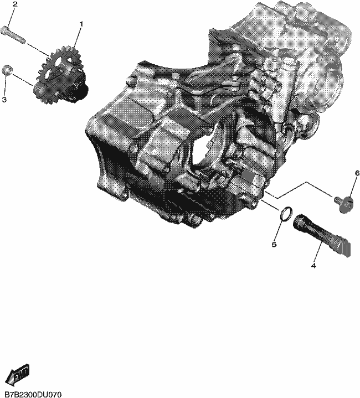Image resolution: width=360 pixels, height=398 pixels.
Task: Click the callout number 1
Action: tap(81, 24)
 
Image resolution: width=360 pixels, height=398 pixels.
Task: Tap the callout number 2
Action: tap(15, 4)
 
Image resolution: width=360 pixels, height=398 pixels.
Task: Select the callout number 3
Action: tap(4, 100)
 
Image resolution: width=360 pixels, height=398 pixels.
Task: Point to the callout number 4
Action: tap(313, 266)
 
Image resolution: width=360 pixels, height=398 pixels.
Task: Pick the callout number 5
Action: tap(274, 244)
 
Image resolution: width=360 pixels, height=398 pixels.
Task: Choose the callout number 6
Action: tap(357, 173)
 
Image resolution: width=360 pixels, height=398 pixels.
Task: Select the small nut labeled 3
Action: tap(7, 70)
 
